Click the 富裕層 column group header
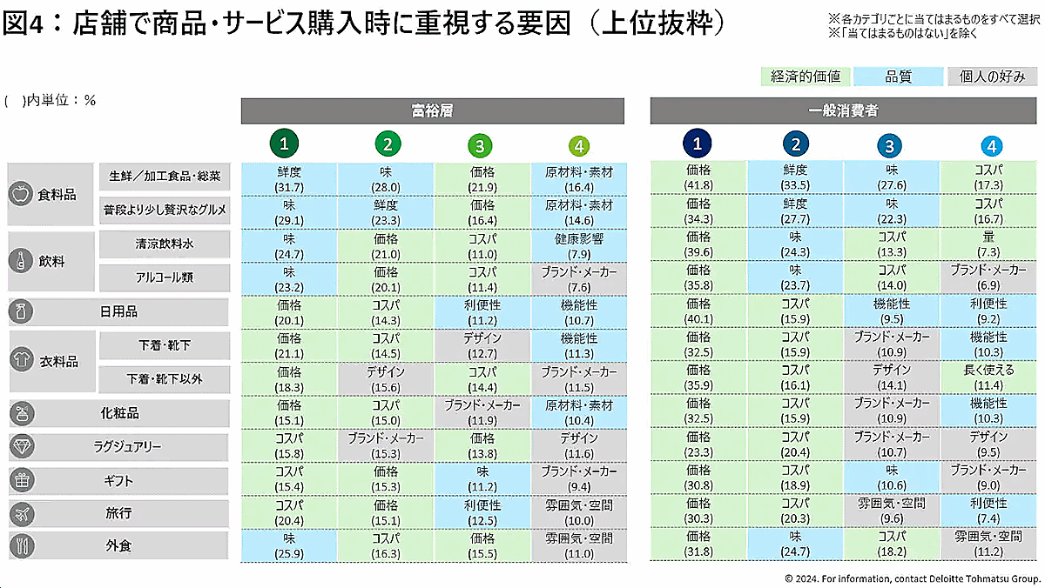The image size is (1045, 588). pos(432,111)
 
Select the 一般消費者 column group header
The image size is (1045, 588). pos(841,111)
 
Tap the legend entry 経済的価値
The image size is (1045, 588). pos(806,77)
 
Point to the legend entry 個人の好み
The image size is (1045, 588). pos(993,77)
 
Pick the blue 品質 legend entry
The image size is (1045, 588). pos(899,77)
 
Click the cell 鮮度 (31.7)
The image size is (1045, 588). pos(289,179)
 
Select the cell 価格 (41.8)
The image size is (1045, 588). pos(698,179)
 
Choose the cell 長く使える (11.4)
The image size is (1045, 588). pos(989,378)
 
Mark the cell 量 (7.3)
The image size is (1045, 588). pos(989,245)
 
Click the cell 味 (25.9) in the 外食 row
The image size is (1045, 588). pos(289,545)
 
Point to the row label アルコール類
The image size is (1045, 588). pos(165,278)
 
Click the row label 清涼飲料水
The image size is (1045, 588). pos(165,245)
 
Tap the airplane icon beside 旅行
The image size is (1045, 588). pos(20,513)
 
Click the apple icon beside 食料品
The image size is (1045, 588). pos(20,194)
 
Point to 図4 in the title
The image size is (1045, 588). pos(24,23)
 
